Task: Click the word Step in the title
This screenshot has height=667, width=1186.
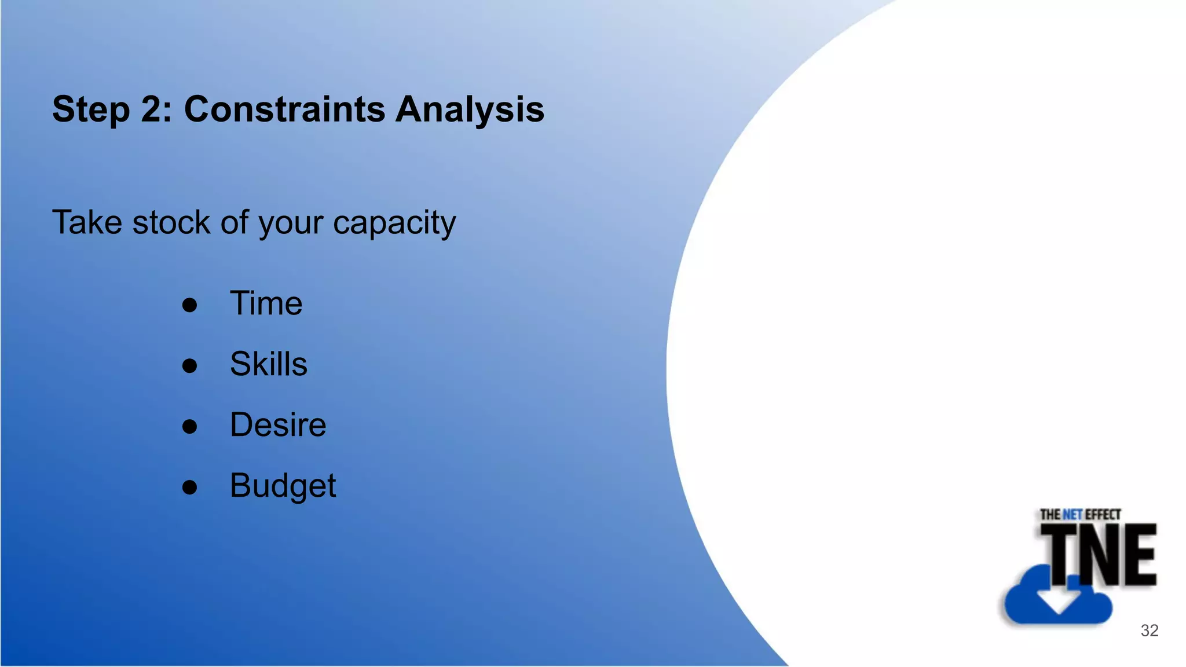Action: coord(91,110)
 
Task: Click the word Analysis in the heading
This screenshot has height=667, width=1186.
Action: coord(470,110)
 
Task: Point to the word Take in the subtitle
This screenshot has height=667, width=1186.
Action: coord(87,222)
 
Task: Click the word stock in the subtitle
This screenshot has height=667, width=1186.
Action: coord(171,222)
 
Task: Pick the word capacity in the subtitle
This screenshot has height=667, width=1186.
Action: coord(394,223)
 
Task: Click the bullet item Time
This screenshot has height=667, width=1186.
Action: coord(266,303)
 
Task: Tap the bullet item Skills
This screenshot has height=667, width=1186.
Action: coord(268,364)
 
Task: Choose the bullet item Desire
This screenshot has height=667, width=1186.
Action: coord(278,425)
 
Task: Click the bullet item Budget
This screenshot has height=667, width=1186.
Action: coord(283,486)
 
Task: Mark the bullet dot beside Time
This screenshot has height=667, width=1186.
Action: coord(189,305)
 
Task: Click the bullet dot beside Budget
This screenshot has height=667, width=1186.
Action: coord(189,488)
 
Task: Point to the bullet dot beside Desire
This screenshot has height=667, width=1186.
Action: coord(189,427)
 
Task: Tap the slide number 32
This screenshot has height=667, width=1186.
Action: coord(1150,631)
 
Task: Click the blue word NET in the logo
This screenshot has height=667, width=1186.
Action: coord(1072,514)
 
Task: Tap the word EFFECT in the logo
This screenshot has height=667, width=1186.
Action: coord(1103,514)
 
